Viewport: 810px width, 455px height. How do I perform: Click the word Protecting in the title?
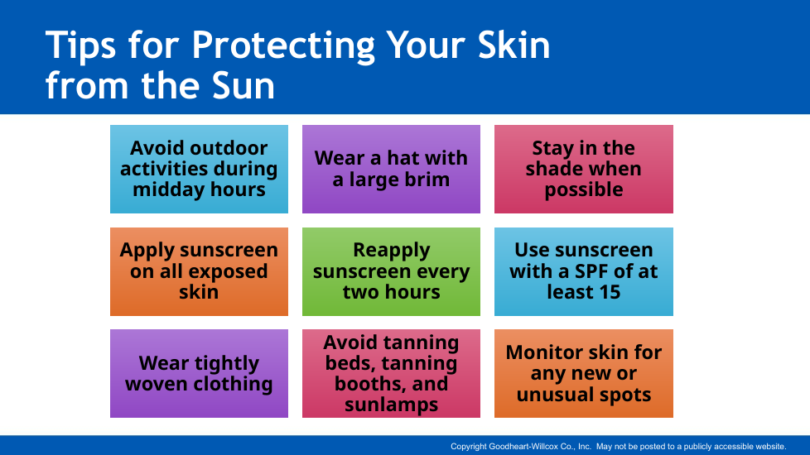283,46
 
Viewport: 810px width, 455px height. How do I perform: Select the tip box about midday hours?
199,169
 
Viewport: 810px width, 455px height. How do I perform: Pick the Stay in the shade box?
584,169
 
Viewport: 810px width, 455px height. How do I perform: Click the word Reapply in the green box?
392,251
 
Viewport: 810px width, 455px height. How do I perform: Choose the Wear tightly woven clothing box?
199,373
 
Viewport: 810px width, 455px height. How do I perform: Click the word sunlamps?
392,405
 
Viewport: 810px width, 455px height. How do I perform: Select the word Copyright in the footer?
469,447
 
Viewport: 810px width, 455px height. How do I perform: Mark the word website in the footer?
771,446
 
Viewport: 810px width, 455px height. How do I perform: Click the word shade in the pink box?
552,169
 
